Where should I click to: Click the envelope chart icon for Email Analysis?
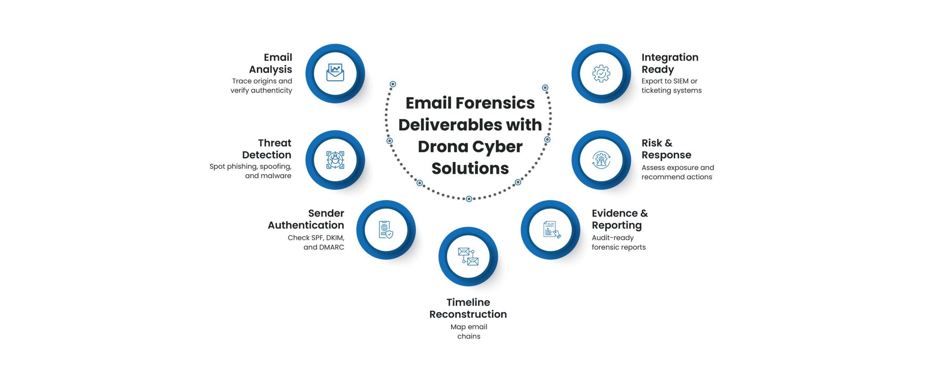335,73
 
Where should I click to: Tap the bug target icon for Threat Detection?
335,160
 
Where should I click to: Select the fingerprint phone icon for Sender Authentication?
386,230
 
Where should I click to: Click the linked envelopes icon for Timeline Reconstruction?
468,257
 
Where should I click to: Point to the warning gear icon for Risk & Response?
601,160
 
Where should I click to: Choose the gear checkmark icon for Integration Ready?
601,73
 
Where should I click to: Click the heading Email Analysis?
271,63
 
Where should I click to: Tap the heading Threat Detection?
267,149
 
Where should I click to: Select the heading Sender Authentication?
306,219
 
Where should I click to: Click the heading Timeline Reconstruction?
468,308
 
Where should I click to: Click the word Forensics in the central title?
495,103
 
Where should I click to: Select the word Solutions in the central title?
470,168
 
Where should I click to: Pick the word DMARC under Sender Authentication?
331,247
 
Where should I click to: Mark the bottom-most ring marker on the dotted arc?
469,199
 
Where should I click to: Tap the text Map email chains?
469,331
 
